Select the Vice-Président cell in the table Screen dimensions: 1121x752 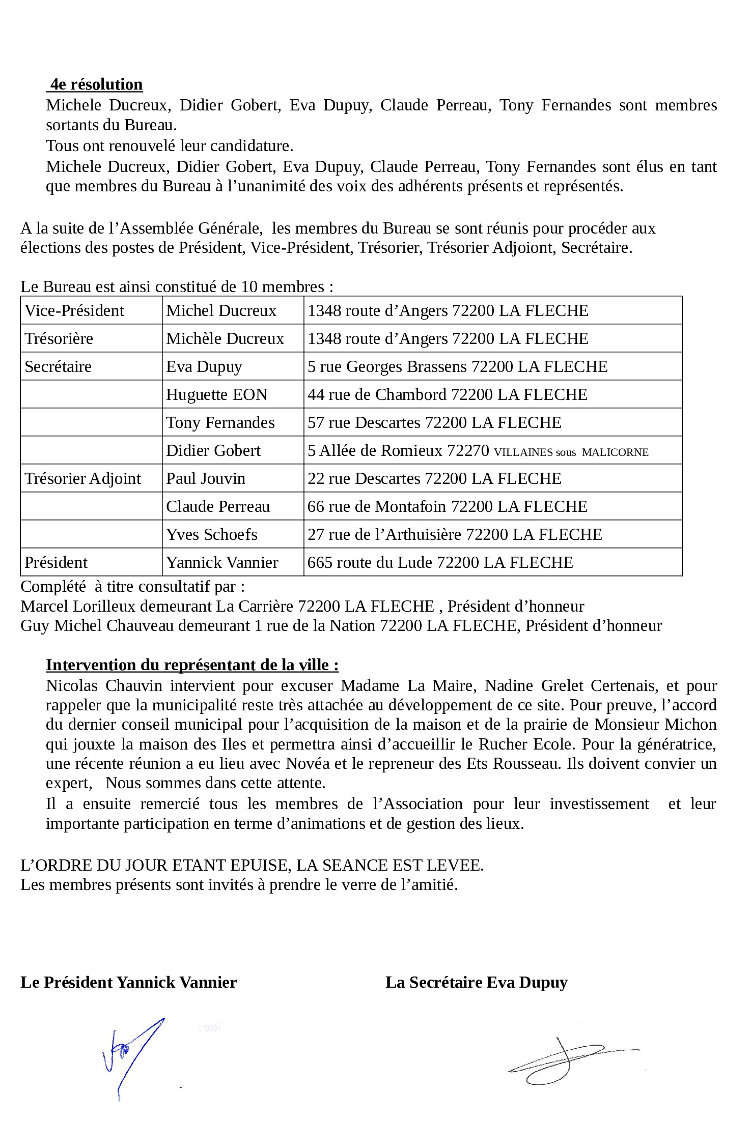[x=74, y=310]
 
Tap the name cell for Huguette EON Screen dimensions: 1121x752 [x=216, y=394]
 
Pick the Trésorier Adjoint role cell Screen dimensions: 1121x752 [x=82, y=478]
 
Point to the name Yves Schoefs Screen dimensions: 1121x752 [x=211, y=534]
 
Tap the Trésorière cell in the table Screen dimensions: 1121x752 [x=59, y=338]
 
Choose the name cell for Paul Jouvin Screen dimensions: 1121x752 [x=206, y=478]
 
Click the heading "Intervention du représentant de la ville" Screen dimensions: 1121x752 [x=192, y=665]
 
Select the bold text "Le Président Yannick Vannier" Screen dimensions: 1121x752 [x=128, y=982]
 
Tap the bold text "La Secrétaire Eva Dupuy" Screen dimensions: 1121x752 [x=476, y=982]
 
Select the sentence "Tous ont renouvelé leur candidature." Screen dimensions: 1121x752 [x=170, y=146]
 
